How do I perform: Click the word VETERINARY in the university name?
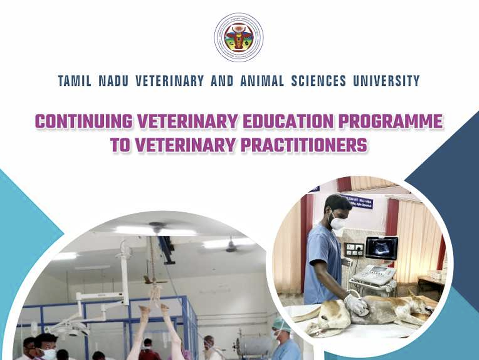point(163,81)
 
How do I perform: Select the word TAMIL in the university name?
point(75,81)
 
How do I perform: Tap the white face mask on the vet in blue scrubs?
point(337,221)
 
